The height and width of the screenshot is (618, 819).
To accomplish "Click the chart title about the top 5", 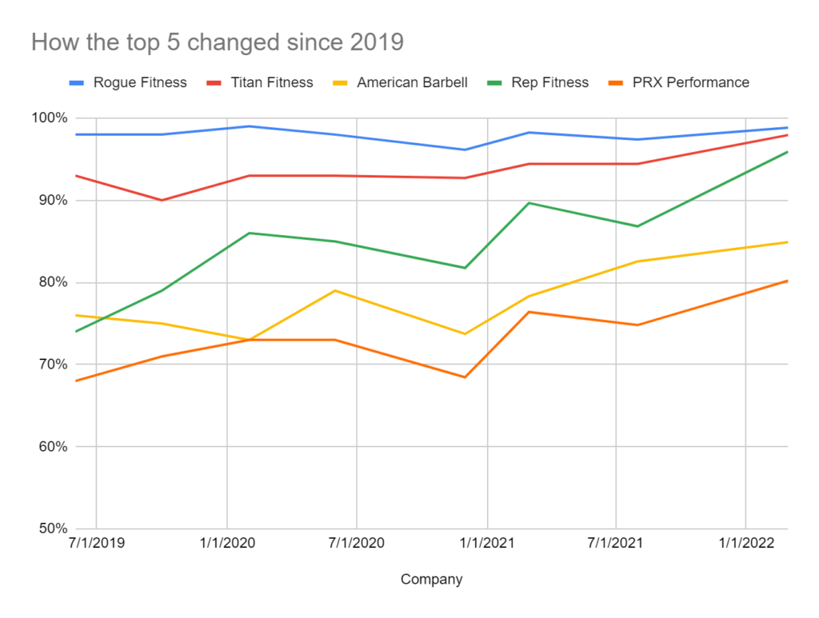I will pos(217,42).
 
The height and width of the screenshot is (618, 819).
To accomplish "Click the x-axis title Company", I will pos(431,580).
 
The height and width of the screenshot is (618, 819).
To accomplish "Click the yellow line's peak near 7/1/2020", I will pos(335,290).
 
